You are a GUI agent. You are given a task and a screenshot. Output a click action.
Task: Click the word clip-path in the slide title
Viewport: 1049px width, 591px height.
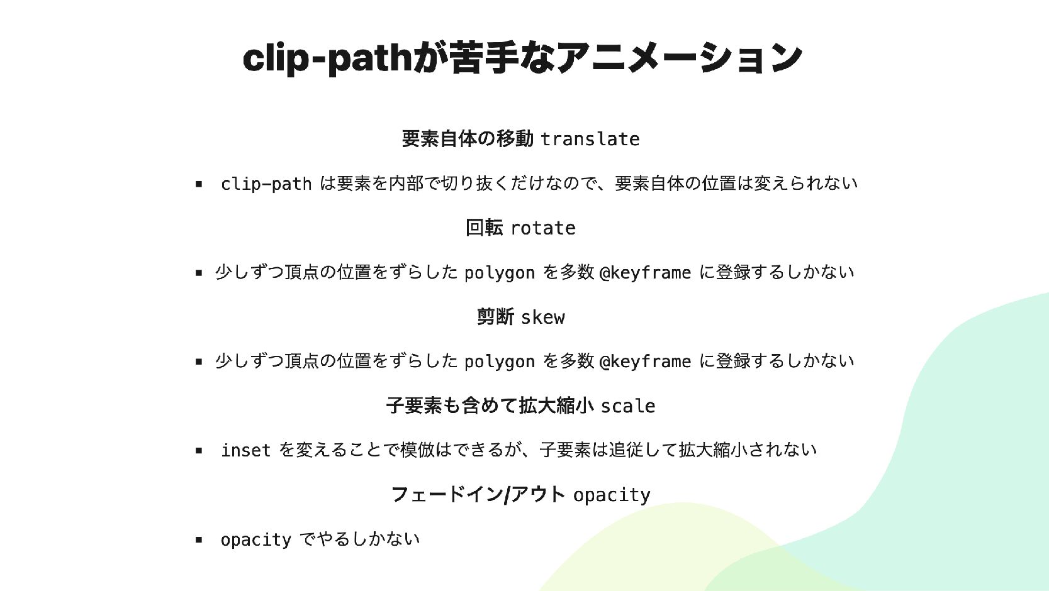pyautogui.click(x=327, y=58)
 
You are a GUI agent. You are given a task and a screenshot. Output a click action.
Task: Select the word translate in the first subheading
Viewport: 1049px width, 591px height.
pyautogui.click(x=590, y=139)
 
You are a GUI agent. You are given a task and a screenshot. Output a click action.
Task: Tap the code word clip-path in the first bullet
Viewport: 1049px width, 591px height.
pyautogui.click(x=266, y=184)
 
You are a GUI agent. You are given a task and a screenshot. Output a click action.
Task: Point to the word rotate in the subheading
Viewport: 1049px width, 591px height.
pyautogui.click(x=543, y=228)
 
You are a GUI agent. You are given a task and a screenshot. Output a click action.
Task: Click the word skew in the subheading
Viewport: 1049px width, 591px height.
pyautogui.click(x=542, y=317)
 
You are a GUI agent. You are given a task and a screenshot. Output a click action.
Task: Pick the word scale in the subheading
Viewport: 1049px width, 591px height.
pyautogui.click(x=627, y=406)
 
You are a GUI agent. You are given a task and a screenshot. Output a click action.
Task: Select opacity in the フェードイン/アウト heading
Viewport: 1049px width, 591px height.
pyautogui.click(x=611, y=495)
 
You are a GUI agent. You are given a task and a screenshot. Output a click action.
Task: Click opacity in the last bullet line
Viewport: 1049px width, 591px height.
pyautogui.click(x=255, y=539)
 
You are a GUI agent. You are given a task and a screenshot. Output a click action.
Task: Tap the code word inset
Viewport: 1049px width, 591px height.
pyautogui.click(x=245, y=450)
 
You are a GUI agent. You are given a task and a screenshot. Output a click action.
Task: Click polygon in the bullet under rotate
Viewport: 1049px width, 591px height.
pyautogui.click(x=499, y=273)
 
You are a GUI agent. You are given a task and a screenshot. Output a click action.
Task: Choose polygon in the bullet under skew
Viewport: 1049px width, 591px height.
pyautogui.click(x=499, y=362)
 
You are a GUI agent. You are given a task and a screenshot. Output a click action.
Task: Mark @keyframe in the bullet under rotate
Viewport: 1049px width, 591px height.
pyautogui.click(x=645, y=273)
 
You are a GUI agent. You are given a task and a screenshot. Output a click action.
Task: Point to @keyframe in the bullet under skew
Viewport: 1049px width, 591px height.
pyautogui.click(x=645, y=362)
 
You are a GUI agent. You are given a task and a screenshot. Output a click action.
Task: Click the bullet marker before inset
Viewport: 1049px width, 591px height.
pyautogui.click(x=199, y=451)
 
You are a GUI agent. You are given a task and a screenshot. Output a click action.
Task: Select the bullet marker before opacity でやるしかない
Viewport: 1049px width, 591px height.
pyautogui.click(x=199, y=539)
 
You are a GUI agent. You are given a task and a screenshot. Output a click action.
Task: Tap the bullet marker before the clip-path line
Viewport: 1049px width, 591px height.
pyautogui.click(x=199, y=184)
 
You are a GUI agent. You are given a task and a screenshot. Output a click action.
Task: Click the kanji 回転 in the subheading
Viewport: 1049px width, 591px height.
pyautogui.click(x=484, y=228)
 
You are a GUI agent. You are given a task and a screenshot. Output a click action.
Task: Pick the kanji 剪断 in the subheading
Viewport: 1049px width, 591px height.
pyautogui.click(x=495, y=316)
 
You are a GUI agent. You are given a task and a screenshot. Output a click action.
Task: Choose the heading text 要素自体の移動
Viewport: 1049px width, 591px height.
pyautogui.click(x=468, y=138)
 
